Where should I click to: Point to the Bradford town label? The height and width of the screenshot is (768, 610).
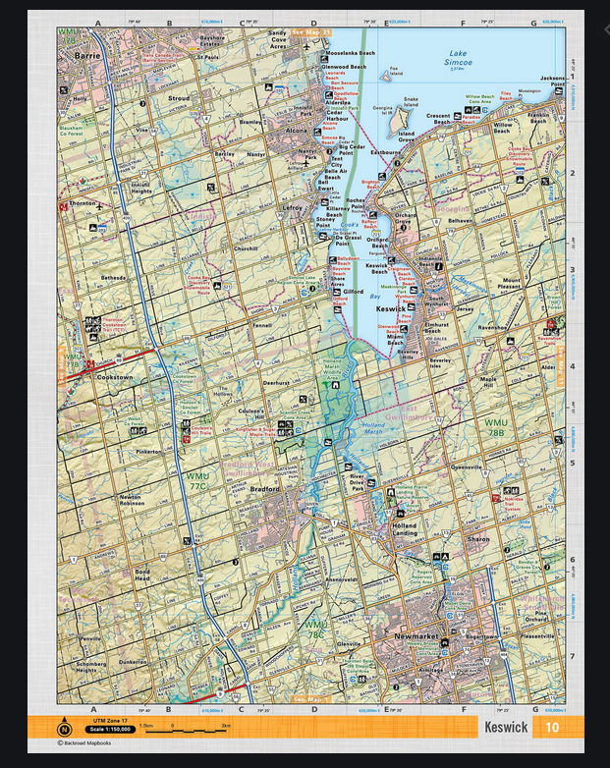pyautogui.click(x=265, y=488)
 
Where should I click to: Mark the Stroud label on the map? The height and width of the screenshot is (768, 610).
pyautogui.click(x=179, y=99)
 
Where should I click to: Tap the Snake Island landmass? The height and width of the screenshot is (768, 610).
pyautogui.click(x=411, y=100)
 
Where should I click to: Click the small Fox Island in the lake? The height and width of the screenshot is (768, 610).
pyautogui.click(x=396, y=72)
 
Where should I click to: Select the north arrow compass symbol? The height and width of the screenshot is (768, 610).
pyautogui.click(x=66, y=727)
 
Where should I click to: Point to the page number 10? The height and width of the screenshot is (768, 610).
pyautogui.click(x=552, y=728)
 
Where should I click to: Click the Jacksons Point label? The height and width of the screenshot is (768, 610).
pyautogui.click(x=553, y=81)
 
